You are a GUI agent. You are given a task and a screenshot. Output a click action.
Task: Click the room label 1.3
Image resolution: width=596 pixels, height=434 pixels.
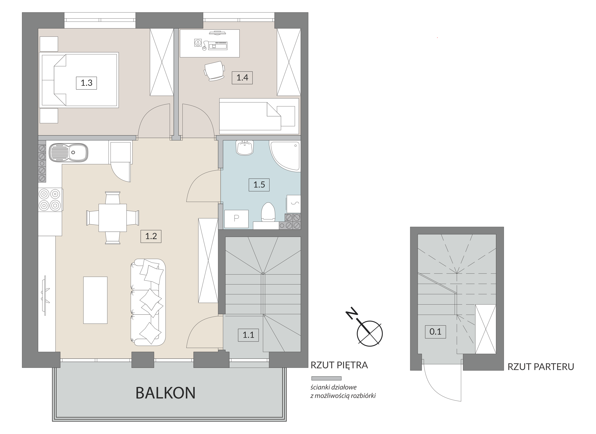click(x=87, y=83)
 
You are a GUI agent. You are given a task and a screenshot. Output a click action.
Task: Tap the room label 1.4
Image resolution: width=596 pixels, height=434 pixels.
click(x=242, y=78)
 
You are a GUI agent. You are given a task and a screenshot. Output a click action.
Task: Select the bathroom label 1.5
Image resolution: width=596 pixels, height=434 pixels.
click(x=259, y=185)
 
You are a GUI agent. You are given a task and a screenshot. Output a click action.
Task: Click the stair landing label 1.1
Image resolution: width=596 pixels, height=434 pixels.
click(x=248, y=335)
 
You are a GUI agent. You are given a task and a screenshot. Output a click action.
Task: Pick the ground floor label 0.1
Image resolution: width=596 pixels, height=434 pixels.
click(x=435, y=332)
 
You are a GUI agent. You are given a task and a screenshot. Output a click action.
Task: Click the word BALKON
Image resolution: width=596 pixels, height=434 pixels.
click(x=166, y=393)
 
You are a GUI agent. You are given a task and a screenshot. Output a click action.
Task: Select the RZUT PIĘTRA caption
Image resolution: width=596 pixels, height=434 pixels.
click(x=339, y=365)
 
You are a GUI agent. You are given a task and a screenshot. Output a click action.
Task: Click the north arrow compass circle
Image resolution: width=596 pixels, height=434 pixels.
click(x=370, y=334)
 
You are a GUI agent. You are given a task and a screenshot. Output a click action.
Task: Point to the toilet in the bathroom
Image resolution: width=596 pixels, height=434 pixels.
click(x=268, y=212)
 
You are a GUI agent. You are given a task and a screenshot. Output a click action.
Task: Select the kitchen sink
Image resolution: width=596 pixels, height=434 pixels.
click(x=69, y=152)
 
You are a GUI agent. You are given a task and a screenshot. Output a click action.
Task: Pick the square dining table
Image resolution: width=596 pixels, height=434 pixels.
click(x=113, y=218)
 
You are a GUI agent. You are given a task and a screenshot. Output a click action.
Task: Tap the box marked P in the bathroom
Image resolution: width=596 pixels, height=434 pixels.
click(x=236, y=219)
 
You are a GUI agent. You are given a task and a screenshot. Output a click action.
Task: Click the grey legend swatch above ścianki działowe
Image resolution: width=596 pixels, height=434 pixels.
click(x=326, y=378)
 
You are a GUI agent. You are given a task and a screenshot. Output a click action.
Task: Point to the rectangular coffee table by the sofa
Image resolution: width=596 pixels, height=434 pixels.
click(x=95, y=300)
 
